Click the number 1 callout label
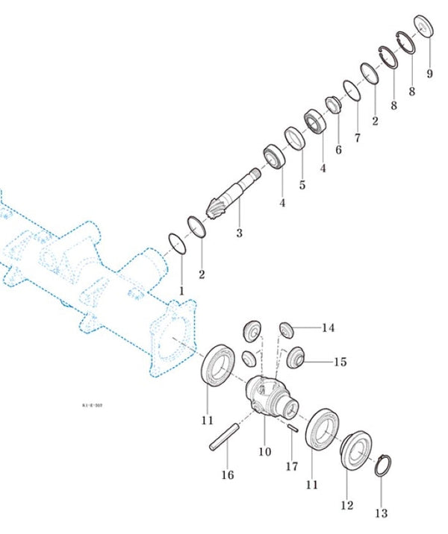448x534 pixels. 180,289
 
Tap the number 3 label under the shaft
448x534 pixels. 239,233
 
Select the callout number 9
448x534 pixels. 429,74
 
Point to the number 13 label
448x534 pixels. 382,513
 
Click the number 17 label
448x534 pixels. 291,467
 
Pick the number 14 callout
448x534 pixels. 329,327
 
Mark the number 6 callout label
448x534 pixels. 338,150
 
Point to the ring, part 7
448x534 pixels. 353,91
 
